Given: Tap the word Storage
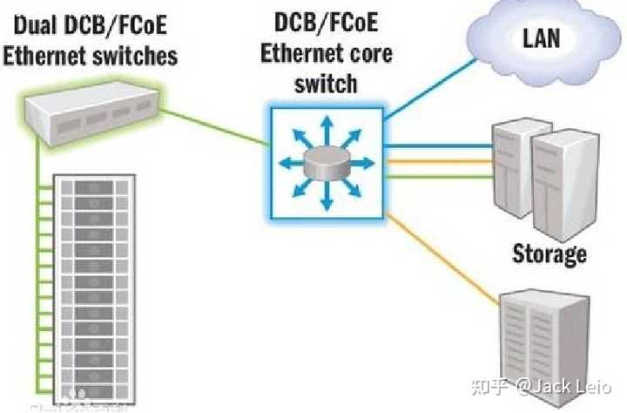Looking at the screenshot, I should tap(550, 254).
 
